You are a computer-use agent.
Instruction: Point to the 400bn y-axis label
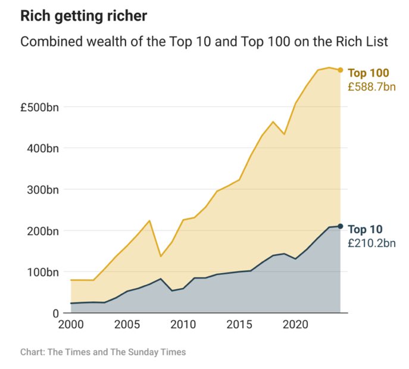tap(43, 148)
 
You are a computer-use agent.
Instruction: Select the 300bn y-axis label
tap(43, 189)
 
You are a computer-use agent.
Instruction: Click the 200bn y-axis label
tap(43, 230)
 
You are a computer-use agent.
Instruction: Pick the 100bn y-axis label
tap(43, 271)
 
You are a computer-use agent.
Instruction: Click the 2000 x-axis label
tap(71, 326)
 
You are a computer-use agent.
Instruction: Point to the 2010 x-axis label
tap(183, 326)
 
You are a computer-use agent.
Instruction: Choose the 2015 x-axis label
tap(239, 326)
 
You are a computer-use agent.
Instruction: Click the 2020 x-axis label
tap(295, 326)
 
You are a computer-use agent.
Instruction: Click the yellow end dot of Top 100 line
tap(340, 70)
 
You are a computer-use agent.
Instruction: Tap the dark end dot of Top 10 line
tap(340, 226)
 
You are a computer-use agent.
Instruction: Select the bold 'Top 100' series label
tap(368, 73)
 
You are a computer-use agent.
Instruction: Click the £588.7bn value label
tap(371, 87)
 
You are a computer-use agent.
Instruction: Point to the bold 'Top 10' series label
tap(365, 229)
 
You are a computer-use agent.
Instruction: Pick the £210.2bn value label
tap(371, 243)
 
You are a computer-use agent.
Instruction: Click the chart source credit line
tap(103, 352)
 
